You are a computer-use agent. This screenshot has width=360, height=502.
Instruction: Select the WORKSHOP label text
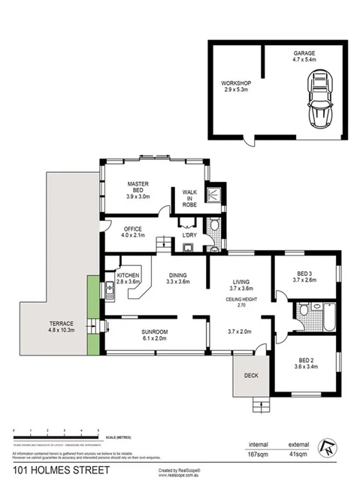tap(235, 85)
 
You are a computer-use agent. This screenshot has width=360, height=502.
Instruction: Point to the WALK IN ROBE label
tap(189, 198)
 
